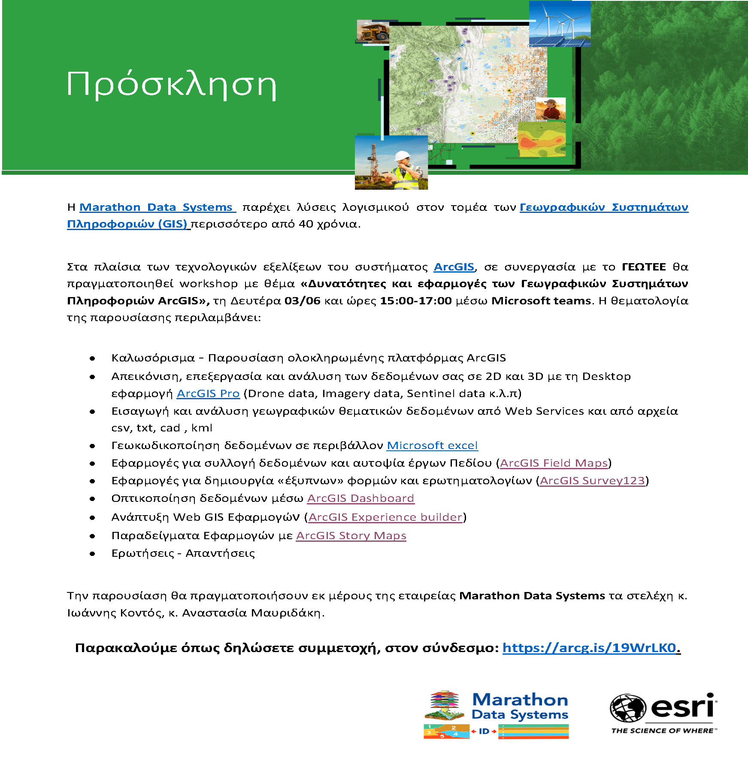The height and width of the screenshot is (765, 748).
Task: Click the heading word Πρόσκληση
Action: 171,85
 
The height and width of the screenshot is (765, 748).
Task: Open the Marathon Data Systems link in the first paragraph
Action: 156,207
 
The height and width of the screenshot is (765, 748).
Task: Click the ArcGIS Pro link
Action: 208,394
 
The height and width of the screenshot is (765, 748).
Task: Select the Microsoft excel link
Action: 432,446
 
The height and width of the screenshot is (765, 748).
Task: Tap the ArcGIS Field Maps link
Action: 554,463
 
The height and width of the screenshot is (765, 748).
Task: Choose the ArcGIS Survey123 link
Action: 592,481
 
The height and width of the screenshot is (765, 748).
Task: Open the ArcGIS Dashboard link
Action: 360,498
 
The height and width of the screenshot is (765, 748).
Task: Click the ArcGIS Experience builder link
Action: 385,517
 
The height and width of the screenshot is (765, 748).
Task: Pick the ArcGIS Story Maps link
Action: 351,536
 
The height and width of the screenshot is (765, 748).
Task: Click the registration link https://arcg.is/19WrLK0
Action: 589,648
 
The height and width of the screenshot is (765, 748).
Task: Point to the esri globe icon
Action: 628,708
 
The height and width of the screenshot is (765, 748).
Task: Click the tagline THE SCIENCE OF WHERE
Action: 663,731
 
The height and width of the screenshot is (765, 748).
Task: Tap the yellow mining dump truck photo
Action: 373,32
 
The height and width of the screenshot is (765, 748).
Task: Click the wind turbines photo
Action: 560,24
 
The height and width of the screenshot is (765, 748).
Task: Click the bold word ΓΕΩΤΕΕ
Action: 644,267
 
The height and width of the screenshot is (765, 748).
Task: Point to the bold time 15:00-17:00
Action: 416,301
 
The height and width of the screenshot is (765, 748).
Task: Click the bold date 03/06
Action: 302,301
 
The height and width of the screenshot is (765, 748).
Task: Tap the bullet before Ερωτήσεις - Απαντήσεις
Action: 92,554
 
